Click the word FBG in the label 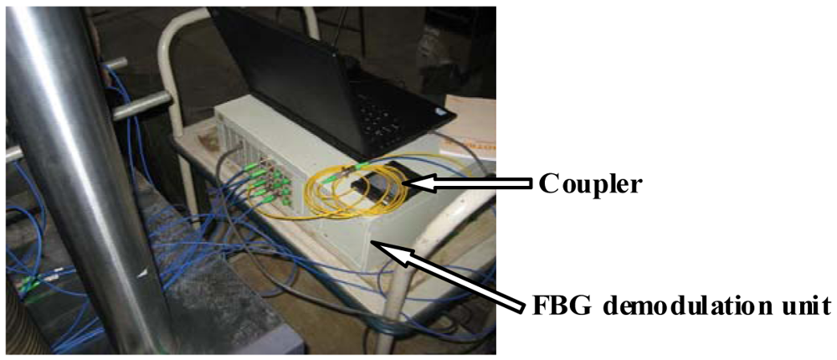[x=560, y=304]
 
